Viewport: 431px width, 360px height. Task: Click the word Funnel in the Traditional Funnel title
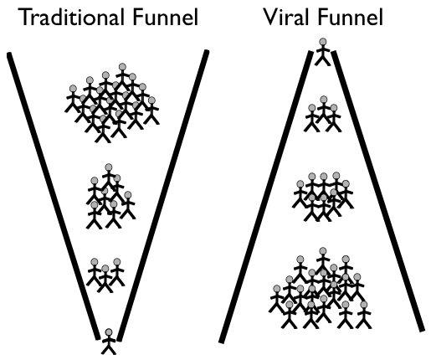pos(166,18)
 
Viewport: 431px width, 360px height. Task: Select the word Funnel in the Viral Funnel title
pos(351,18)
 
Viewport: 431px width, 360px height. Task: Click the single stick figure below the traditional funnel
pos(109,342)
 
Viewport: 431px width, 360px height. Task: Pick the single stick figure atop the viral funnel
pos(323,52)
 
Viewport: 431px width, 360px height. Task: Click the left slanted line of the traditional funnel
pos(54,196)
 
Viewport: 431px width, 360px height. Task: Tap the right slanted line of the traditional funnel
pos(163,196)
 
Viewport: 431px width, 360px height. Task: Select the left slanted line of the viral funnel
pos(266,197)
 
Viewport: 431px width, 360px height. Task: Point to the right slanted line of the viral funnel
pos(377,191)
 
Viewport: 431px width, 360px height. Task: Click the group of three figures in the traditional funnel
pos(105,275)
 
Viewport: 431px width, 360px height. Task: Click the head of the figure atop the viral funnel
pos(323,42)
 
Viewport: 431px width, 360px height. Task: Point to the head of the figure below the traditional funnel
pos(109,332)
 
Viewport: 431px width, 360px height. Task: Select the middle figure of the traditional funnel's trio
pos(105,279)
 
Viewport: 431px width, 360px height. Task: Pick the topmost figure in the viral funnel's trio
pos(323,111)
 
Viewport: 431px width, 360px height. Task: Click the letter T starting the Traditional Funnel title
pos(27,18)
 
